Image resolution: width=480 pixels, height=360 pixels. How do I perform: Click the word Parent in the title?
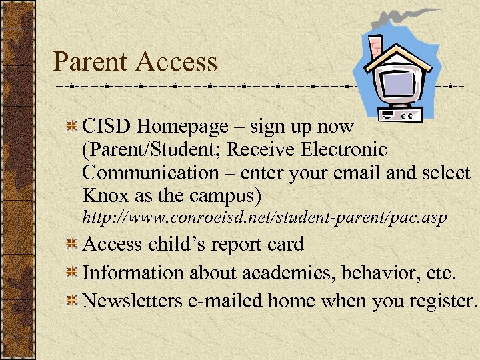tap(90, 62)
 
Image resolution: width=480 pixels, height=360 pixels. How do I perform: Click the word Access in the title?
tap(176, 62)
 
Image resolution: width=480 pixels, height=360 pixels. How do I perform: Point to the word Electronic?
tap(339, 149)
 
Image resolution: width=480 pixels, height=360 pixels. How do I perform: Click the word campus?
tap(224, 197)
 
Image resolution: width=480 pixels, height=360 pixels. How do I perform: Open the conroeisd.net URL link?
tap(263, 218)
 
